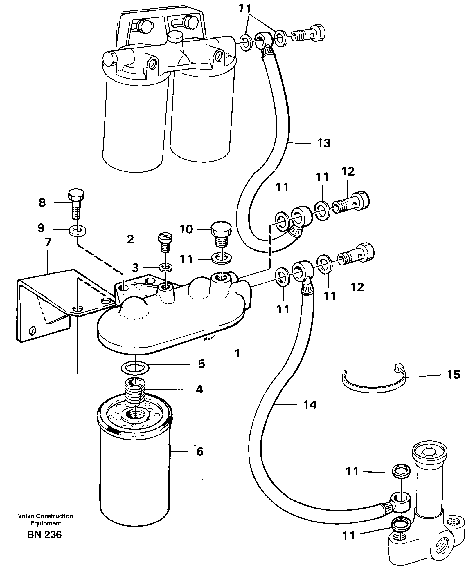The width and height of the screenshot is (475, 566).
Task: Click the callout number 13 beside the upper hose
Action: [324, 143]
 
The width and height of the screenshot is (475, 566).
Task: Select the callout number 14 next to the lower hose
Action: [310, 404]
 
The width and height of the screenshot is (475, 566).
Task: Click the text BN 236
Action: [44, 534]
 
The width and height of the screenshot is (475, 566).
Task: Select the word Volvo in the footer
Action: [25, 516]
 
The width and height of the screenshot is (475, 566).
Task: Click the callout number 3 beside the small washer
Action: [135, 268]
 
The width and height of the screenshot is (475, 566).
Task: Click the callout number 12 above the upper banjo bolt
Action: [348, 171]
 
